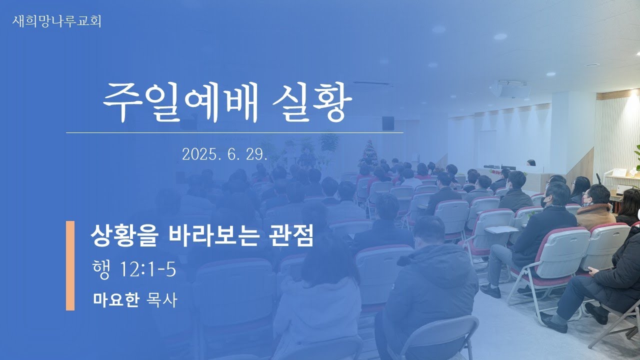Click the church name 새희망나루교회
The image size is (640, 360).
click(56, 21)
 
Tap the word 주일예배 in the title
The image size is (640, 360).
click(180, 102)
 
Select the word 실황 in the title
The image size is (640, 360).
click(312, 102)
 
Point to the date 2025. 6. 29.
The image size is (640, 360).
click(224, 154)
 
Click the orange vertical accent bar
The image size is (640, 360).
click(70, 265)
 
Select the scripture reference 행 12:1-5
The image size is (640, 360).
click(134, 269)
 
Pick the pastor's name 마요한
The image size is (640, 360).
click(116, 299)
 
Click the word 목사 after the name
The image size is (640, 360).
click(161, 299)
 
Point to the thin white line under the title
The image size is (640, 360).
click(234, 133)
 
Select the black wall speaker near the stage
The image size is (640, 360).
click(388, 123)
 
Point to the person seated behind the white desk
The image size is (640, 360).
click(531, 163)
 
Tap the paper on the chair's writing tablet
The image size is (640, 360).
click(501, 229)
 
